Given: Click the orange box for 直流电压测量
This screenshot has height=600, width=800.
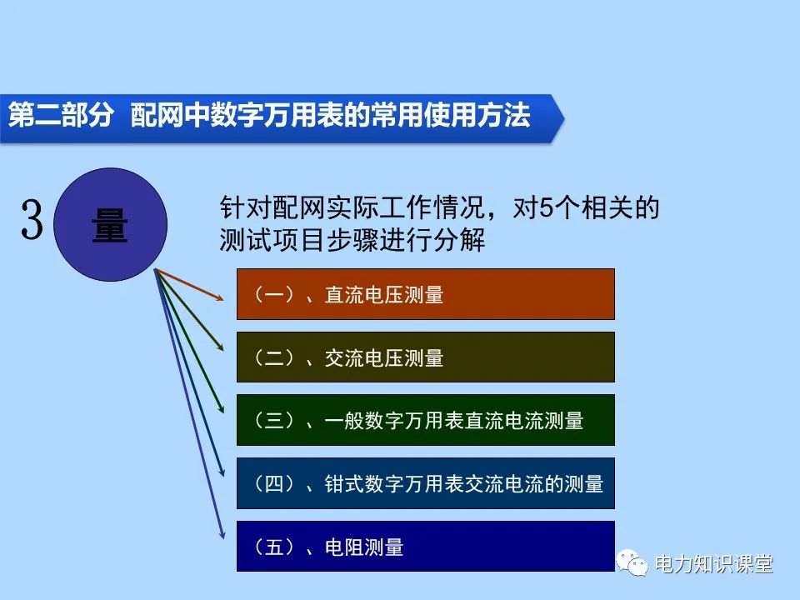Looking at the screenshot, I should (425, 294).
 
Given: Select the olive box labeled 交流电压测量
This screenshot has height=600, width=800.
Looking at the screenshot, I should (425, 357).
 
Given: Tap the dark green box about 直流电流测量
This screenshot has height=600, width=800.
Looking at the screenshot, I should (425, 420).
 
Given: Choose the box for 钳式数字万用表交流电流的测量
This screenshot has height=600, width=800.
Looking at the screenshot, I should (425, 483).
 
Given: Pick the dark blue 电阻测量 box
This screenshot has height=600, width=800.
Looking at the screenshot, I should (425, 547).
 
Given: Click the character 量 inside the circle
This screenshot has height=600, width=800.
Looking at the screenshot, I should (110, 224).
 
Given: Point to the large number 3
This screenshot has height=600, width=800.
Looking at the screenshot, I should (32, 222).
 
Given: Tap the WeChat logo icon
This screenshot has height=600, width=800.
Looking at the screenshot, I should (634, 564).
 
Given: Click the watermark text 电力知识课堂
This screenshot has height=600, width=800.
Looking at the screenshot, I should (714, 564).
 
